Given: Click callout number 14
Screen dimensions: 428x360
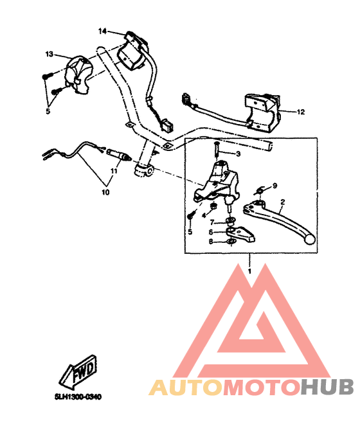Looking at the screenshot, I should click(102, 31).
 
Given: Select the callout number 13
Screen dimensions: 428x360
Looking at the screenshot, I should click(49, 54).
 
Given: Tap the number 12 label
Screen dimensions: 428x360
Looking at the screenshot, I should click(300, 112).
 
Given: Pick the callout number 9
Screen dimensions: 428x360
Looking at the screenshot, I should click(274, 186).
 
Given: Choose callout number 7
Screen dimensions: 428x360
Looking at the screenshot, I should click(212, 222).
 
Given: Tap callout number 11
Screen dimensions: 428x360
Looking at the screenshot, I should click(113, 172).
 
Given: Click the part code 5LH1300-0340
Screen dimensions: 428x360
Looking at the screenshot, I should click(78, 397).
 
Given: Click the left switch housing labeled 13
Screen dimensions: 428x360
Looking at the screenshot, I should click(80, 70).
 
